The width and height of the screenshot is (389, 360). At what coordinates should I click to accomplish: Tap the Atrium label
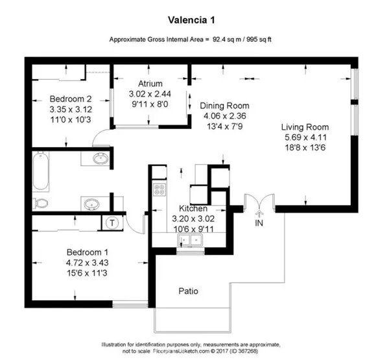pos(149,84)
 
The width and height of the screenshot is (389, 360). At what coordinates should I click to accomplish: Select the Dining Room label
pos(224,106)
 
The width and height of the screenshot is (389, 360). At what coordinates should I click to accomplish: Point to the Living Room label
pos(305,127)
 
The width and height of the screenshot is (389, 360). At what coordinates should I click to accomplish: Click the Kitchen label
pos(193,209)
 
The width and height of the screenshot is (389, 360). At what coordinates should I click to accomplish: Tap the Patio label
pos(189,291)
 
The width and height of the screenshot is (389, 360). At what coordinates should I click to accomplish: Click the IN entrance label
pos(260,222)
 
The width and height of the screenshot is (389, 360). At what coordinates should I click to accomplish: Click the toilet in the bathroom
pos(41,204)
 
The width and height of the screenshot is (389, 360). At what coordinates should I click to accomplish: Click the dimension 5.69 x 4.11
pos(305,138)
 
